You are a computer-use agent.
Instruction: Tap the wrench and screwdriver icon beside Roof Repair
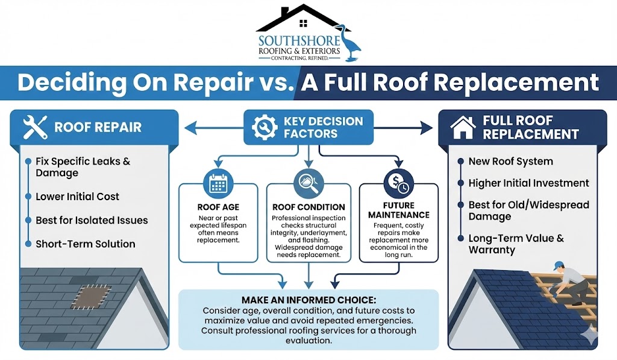35,128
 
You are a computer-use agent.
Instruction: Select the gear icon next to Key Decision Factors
264,127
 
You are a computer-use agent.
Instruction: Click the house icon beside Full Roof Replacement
463,127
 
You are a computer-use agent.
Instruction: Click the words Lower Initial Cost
77,197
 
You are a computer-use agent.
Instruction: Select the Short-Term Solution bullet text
85,244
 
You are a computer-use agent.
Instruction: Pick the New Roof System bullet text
510,162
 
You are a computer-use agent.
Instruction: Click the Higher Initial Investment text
528,183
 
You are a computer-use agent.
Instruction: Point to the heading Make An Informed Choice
308,300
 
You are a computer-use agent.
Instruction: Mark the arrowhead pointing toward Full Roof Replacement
427,127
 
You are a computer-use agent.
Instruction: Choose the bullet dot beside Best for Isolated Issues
28,221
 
